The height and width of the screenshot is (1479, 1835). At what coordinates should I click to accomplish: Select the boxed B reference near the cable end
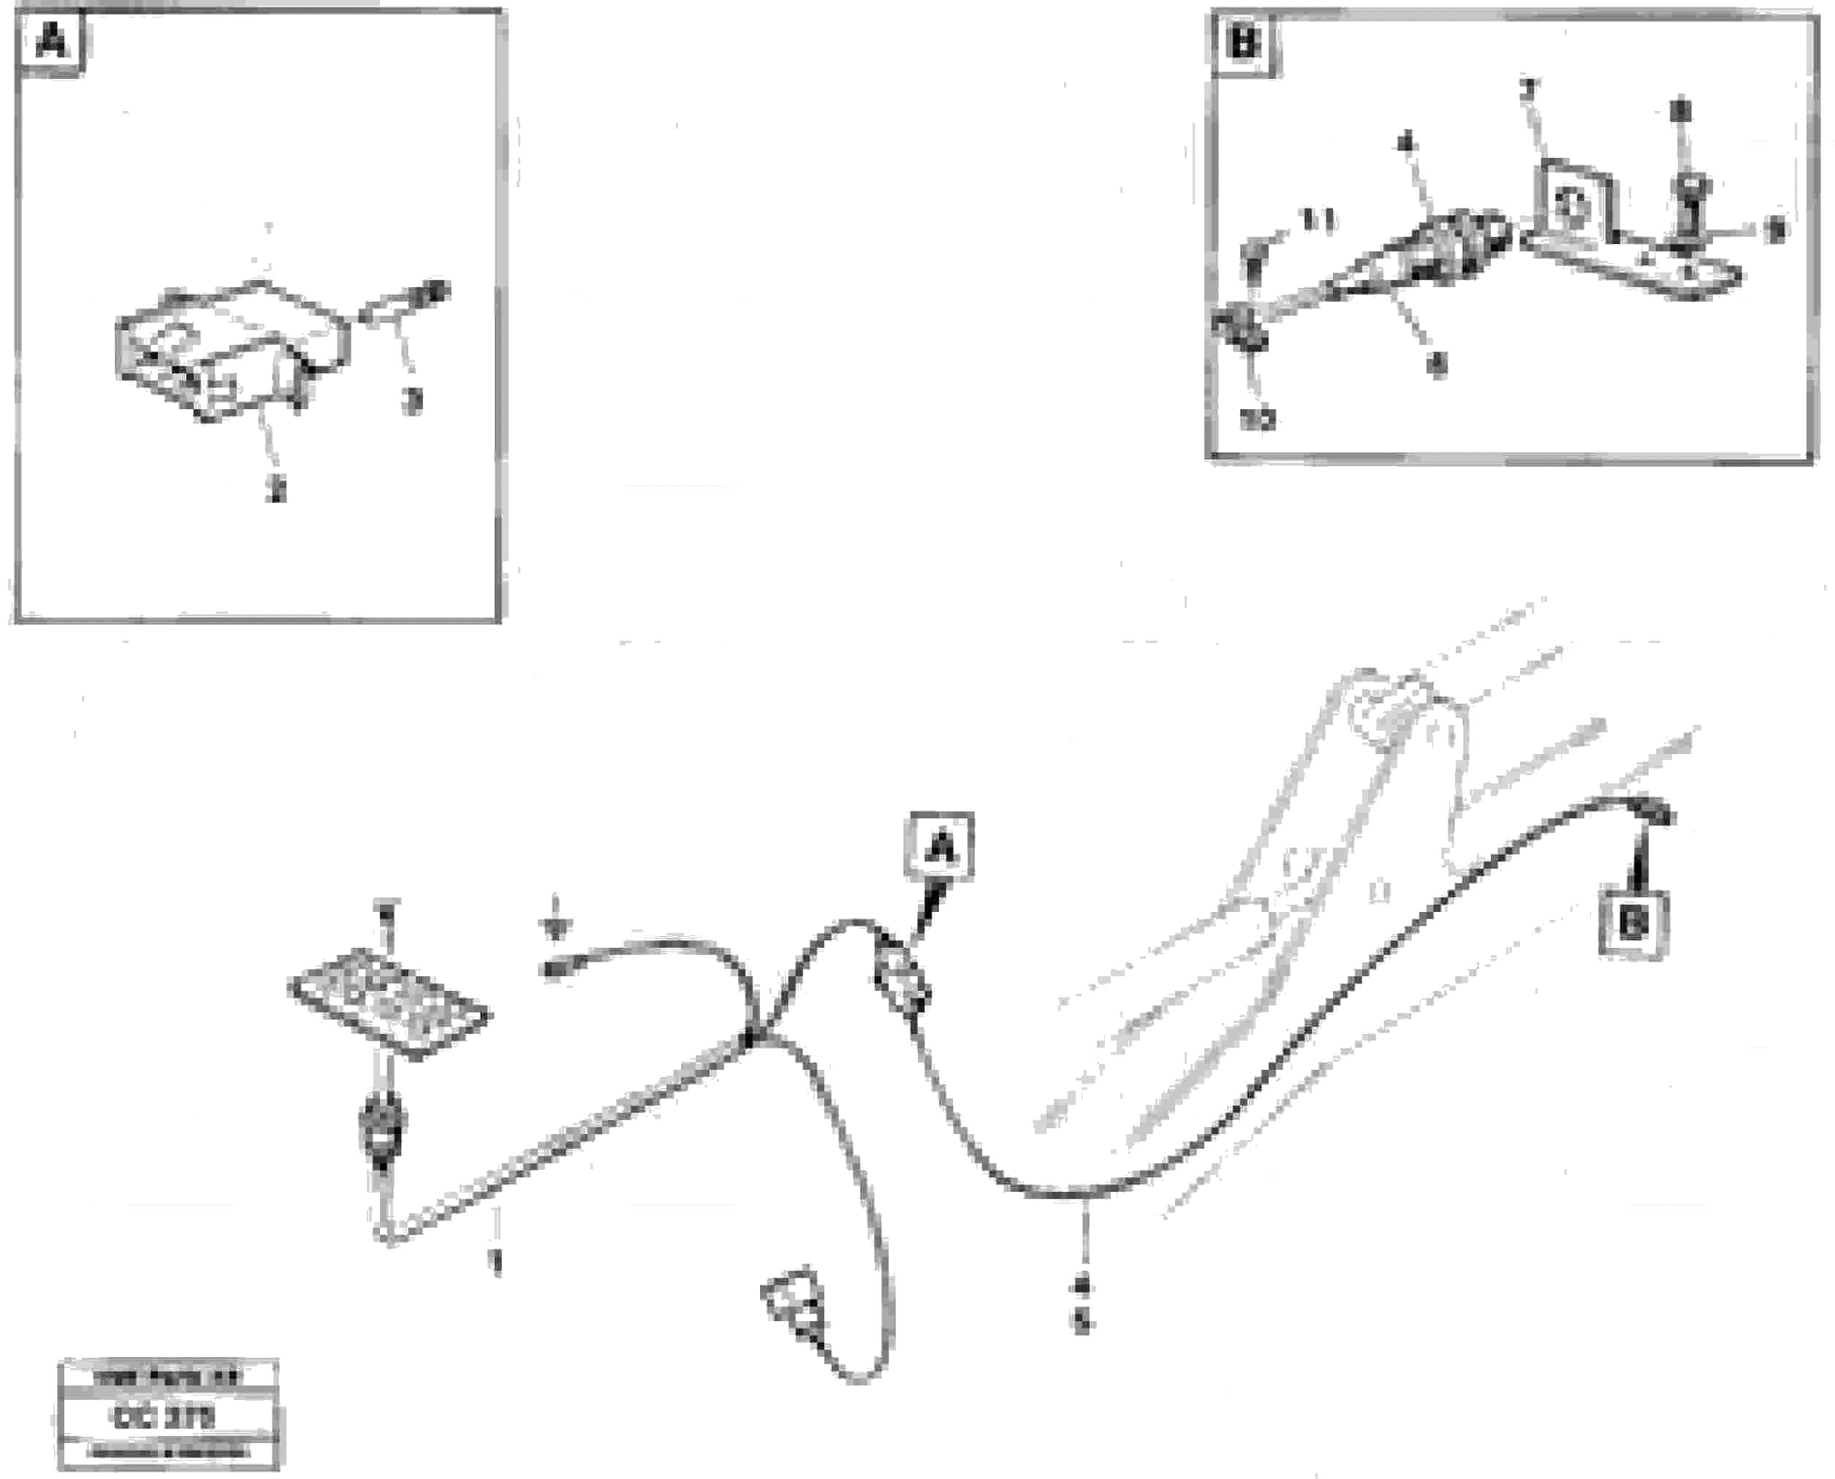(x=1631, y=924)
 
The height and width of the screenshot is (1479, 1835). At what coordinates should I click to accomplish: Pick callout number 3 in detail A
(x=413, y=401)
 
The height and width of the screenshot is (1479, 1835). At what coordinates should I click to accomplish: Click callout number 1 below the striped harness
(x=495, y=1262)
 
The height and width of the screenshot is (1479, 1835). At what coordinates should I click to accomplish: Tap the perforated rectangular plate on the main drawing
(x=390, y=1003)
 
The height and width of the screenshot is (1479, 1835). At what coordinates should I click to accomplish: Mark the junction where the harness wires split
(x=750, y=1037)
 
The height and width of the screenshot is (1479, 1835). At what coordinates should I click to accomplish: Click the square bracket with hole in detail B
(x=1572, y=201)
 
